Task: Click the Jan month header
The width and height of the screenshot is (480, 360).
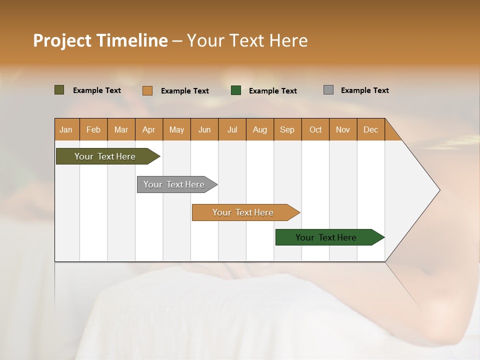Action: (x=66, y=129)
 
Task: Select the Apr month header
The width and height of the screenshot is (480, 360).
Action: (x=149, y=129)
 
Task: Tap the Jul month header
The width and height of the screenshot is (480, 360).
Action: (x=232, y=129)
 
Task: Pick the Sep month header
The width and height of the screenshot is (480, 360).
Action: (x=287, y=129)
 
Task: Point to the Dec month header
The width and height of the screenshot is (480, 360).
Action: (x=370, y=129)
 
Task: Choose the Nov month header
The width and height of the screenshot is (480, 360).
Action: (x=343, y=129)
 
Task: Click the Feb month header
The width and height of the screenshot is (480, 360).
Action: (x=93, y=129)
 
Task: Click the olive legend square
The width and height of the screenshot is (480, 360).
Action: (x=59, y=90)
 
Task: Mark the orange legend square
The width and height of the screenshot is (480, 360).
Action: (x=147, y=90)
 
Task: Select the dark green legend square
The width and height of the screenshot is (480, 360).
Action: (x=236, y=90)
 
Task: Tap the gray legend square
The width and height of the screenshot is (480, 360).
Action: (x=328, y=90)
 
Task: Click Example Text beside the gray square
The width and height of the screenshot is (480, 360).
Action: (x=364, y=90)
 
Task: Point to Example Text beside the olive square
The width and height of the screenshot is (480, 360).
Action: (x=97, y=90)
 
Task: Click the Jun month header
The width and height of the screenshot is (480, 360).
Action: (x=204, y=129)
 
